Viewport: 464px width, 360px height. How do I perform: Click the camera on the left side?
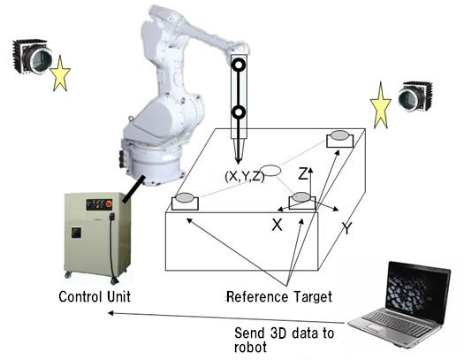pyautogui.click(x=32, y=57)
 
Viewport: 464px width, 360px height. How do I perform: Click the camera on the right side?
pyautogui.click(x=415, y=96)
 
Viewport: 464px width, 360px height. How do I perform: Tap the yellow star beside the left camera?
pyautogui.click(x=60, y=74)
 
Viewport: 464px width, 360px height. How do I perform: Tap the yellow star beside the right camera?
pyautogui.click(x=381, y=106)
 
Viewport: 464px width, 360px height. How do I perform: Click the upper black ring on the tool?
pyautogui.click(x=239, y=65)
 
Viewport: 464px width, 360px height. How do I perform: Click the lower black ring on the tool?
pyautogui.click(x=239, y=112)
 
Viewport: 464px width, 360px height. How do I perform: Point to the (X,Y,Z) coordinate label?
pyautogui.click(x=245, y=176)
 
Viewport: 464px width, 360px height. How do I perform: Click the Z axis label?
pyautogui.click(x=303, y=173)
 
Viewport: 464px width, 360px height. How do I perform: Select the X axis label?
pyautogui.click(x=277, y=225)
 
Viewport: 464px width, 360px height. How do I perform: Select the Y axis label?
pyautogui.click(x=346, y=228)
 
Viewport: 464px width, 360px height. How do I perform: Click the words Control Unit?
pyautogui.click(x=95, y=296)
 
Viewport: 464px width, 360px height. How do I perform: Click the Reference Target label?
pyautogui.click(x=279, y=297)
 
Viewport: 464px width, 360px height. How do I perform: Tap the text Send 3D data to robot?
pyautogui.click(x=284, y=340)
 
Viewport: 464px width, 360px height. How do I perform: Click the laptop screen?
pyautogui.click(x=418, y=292)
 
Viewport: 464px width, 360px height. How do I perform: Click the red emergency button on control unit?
pyautogui.click(x=109, y=203)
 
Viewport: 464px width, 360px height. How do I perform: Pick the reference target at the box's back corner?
pyautogui.click(x=340, y=139)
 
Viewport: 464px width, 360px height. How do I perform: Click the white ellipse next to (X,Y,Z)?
pyautogui.click(x=271, y=171)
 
